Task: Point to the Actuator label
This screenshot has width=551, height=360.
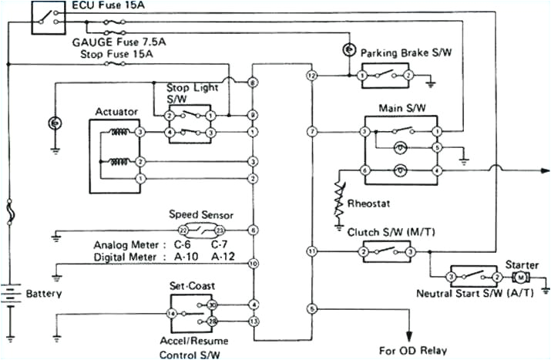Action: (116, 112)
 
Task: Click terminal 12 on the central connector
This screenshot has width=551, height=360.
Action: (311, 76)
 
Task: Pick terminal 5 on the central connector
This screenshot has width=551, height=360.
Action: (311, 308)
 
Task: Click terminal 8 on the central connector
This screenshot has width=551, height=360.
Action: (253, 82)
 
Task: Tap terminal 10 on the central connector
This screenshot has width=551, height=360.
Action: (253, 264)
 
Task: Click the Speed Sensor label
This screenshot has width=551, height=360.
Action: (200, 215)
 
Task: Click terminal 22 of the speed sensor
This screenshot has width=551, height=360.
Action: (182, 230)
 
